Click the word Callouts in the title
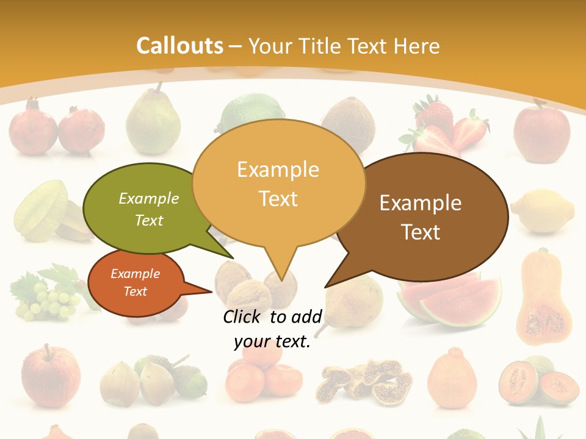click(x=179, y=46)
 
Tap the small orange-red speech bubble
click(x=136, y=283)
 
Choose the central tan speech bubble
click(x=278, y=183)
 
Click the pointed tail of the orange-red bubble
click(x=211, y=291)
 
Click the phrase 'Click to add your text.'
click(x=272, y=329)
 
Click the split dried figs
click(x=364, y=382)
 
